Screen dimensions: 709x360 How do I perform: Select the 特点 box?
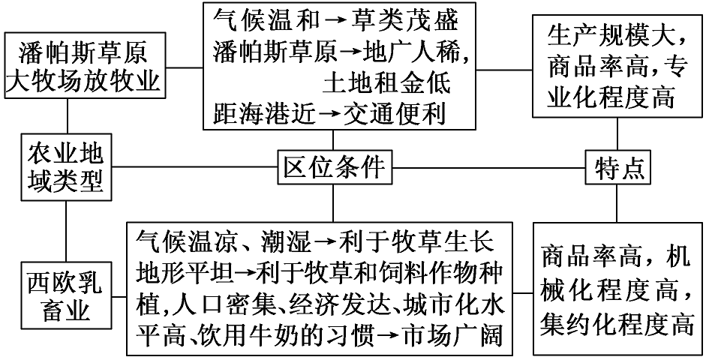pos(618,168)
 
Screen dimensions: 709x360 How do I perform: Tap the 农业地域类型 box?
pos(66,167)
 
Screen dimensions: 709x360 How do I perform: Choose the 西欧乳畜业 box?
pos(66,297)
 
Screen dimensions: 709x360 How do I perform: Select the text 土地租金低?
pos(387,82)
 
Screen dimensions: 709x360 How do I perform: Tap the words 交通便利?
pos(395,112)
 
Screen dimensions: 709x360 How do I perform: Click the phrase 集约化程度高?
pos(617,324)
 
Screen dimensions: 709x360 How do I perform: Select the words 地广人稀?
pos(416,53)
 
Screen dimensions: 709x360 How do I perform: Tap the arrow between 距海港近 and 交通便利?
pos(329,113)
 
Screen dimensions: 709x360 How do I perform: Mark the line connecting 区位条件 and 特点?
pos(488,168)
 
